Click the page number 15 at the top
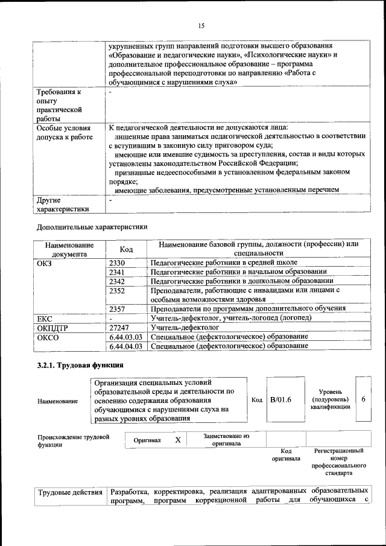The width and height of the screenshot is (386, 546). (201, 25)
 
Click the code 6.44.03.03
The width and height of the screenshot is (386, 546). (126, 337)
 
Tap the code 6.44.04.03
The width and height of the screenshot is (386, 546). (126, 346)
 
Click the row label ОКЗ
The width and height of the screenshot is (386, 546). (45, 263)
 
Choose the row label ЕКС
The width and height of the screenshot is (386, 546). (45, 318)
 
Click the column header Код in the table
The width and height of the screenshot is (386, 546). (127, 249)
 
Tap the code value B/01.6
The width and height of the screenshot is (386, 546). (281, 399)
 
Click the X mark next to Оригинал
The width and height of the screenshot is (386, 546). (178, 440)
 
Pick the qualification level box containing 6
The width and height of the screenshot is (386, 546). (364, 399)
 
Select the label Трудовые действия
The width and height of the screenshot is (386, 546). (70, 492)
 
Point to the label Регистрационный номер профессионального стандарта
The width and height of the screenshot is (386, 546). (339, 462)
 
